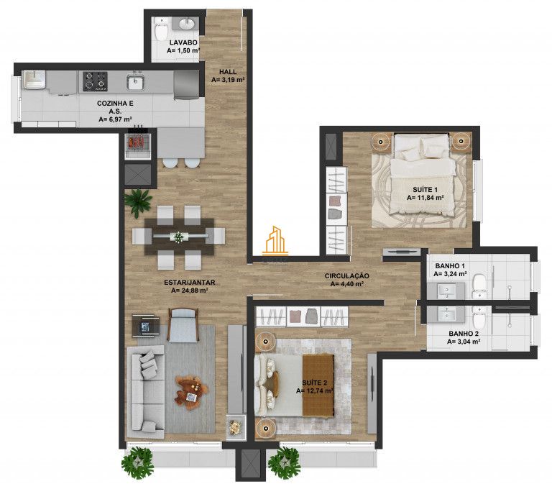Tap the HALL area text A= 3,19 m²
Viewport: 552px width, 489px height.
229,81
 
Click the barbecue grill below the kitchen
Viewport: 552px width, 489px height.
136,143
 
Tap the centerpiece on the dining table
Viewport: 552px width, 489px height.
178,236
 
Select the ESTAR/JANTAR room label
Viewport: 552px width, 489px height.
190,283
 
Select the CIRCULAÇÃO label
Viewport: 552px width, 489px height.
346,275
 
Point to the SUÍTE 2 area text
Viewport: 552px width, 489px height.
314,391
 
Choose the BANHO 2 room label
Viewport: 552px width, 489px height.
464,334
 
